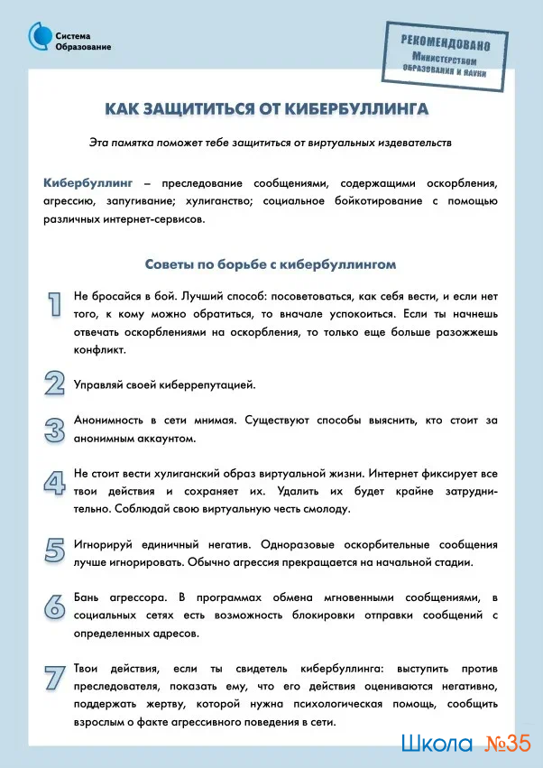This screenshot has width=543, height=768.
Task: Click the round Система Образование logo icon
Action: click(39, 35)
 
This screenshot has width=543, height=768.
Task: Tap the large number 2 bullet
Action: click(55, 383)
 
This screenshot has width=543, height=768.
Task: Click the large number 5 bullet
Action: click(55, 549)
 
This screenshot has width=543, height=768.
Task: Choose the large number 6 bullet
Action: click(55, 604)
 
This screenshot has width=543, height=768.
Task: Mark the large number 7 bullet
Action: click(55, 678)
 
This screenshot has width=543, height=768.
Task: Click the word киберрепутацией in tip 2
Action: click(208, 384)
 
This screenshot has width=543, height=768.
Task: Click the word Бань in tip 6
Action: click(88, 599)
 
